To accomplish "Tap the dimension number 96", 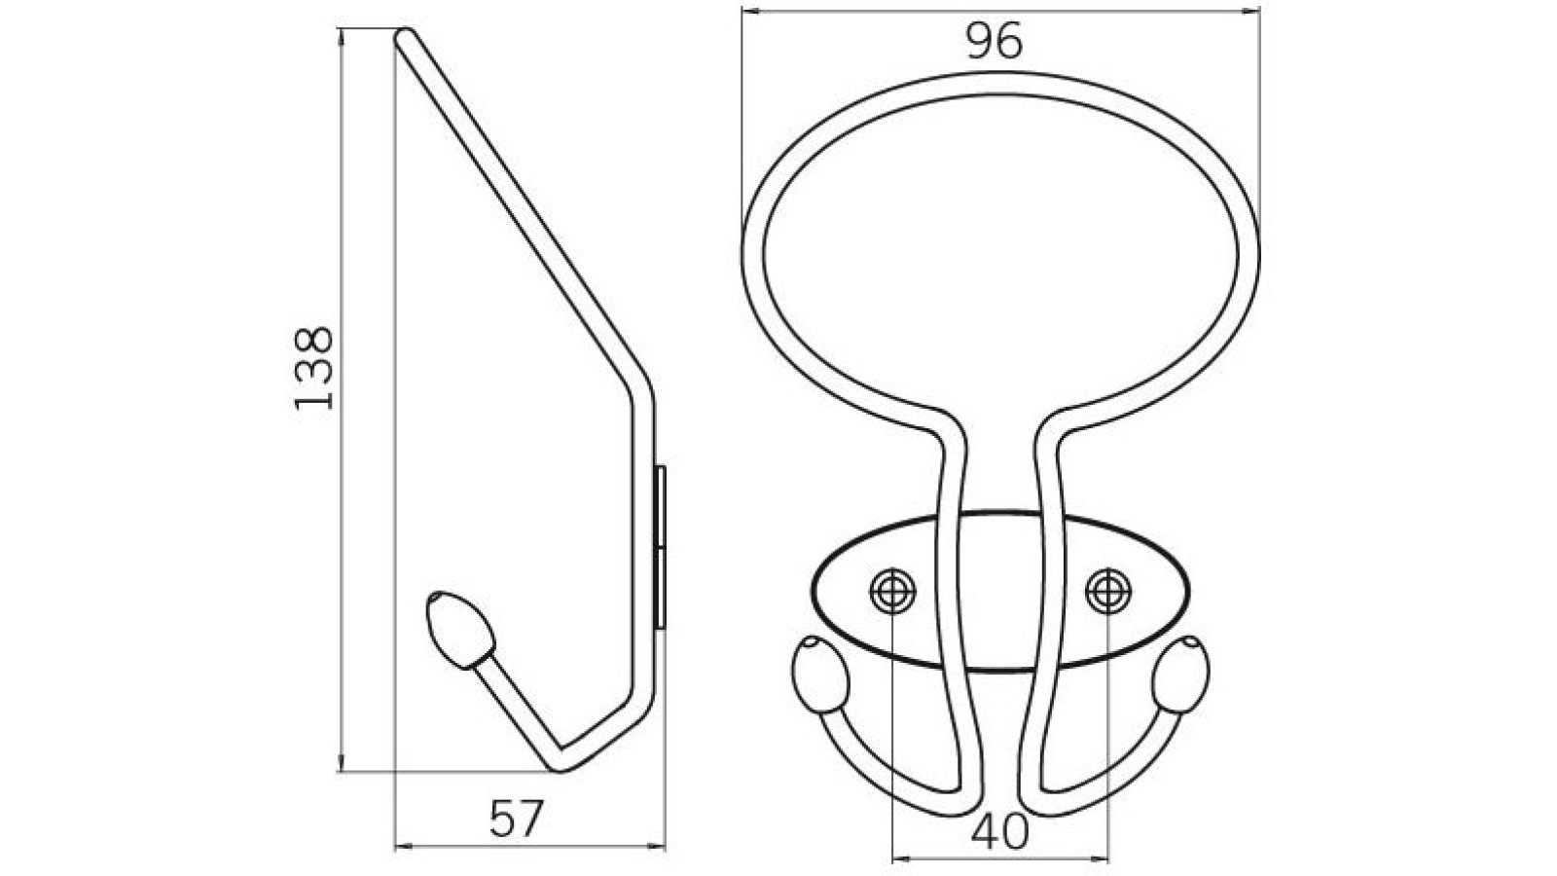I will point(995,42).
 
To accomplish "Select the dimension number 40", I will point(999,833).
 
